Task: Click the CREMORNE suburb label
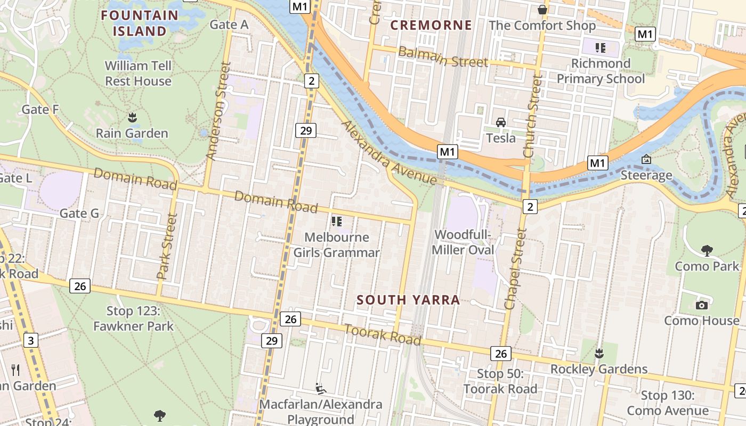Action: (x=431, y=25)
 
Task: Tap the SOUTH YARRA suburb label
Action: (x=408, y=300)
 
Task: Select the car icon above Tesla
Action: (x=501, y=122)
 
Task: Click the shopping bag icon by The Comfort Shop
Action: (x=542, y=10)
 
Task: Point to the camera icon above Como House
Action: (x=701, y=305)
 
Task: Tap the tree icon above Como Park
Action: (x=707, y=250)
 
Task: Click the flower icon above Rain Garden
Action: (x=132, y=117)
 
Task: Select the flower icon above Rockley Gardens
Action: (x=599, y=353)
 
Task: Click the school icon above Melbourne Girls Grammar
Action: (x=336, y=221)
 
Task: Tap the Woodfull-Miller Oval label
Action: (x=463, y=242)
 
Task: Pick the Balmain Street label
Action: (x=443, y=57)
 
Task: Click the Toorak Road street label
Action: (x=383, y=334)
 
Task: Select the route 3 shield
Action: (x=31, y=340)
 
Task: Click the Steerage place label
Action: (x=646, y=175)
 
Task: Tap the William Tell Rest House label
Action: (x=138, y=73)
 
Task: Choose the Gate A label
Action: (x=229, y=24)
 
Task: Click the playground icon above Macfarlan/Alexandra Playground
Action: (x=320, y=389)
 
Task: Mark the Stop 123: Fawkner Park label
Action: (x=133, y=318)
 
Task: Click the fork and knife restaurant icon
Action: (x=15, y=370)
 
